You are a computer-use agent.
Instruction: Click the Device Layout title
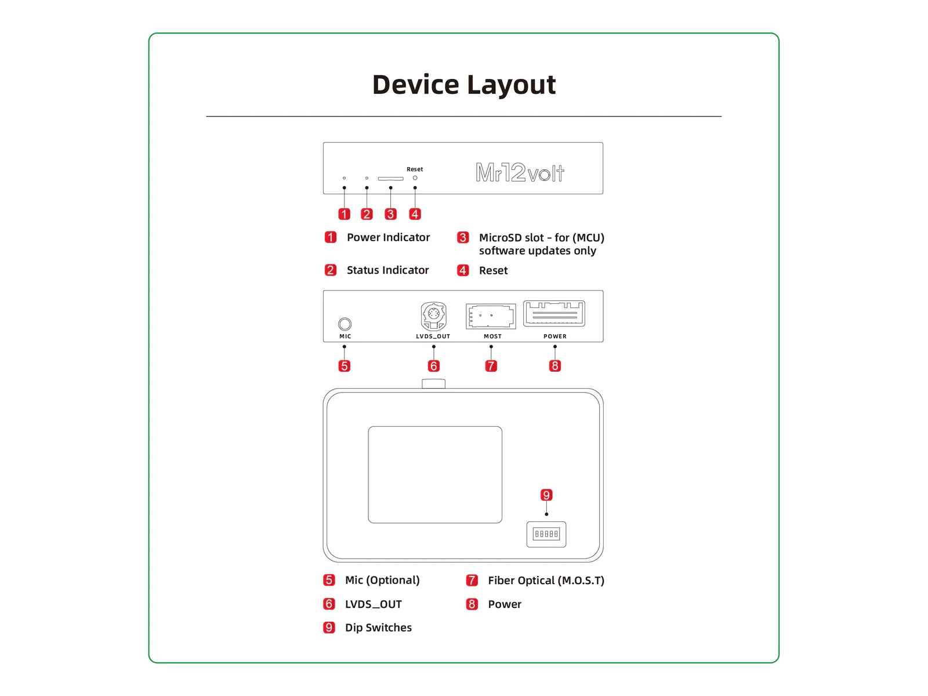[x=463, y=85]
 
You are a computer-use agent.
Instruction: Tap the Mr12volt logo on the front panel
[x=520, y=172]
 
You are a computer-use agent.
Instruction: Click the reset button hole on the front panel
[x=415, y=177]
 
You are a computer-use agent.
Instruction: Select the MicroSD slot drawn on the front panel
[x=390, y=179]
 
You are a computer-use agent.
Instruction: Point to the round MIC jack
[x=345, y=324]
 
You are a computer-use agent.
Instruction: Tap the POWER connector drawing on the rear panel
[x=554, y=314]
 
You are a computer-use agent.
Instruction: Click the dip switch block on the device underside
[x=546, y=534]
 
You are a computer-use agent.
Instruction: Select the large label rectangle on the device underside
[x=435, y=474]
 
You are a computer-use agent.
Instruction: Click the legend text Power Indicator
[x=388, y=237]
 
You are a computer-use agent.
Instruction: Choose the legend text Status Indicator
[x=387, y=270]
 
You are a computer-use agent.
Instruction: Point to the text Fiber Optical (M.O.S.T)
[x=546, y=581]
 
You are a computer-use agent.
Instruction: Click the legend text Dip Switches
[x=378, y=628]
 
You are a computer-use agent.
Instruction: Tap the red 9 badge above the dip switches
[x=546, y=495]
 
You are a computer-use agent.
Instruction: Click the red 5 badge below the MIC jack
[x=345, y=366]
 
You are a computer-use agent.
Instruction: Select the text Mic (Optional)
[x=382, y=580]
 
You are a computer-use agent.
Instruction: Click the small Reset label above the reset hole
[x=415, y=169]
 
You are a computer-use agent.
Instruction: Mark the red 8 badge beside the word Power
[x=472, y=604]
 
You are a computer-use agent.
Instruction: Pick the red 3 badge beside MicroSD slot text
[x=463, y=238]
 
